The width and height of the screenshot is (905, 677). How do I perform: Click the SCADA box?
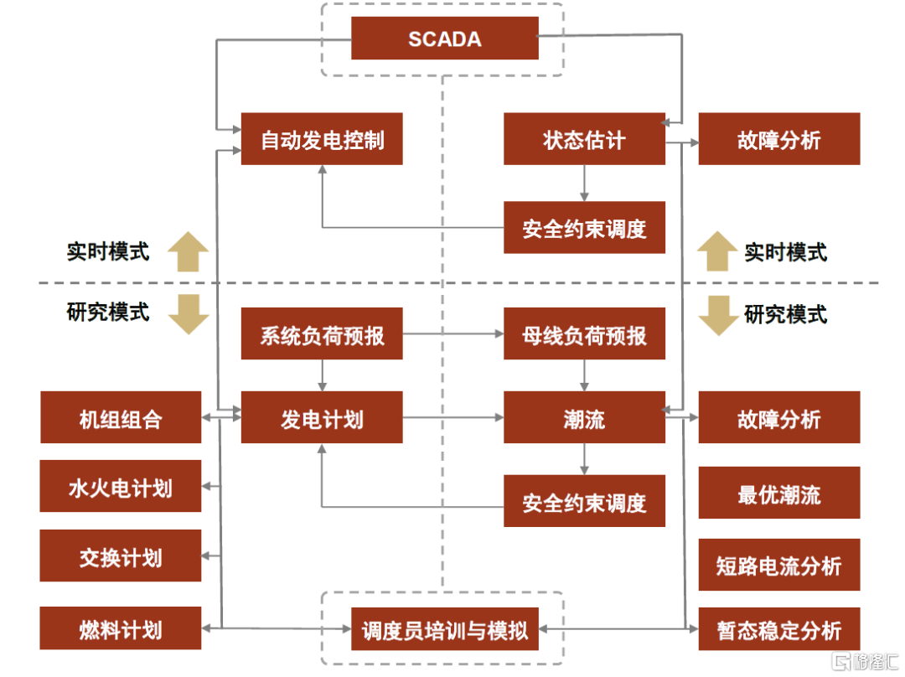point(444,39)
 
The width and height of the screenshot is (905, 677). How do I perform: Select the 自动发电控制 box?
point(322,139)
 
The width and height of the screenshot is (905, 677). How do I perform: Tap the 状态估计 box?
point(584,139)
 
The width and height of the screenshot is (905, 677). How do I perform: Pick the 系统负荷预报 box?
point(322,334)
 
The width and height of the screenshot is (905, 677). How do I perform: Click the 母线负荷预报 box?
point(584,334)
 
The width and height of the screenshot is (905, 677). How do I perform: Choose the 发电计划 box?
point(322,417)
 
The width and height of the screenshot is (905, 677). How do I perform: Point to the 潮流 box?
point(584,417)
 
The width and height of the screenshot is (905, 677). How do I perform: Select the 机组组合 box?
point(121,417)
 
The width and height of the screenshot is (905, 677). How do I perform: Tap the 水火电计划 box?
point(121,486)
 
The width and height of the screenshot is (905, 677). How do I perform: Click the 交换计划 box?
point(121,556)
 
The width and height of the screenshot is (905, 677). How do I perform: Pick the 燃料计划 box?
point(121,628)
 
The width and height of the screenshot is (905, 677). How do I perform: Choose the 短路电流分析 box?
point(779,565)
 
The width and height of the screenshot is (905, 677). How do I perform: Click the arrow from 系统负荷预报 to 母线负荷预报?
point(452,334)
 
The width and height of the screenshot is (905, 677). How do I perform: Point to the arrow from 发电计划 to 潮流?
point(452,417)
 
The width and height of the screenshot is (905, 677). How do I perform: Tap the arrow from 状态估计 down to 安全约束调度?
point(584,183)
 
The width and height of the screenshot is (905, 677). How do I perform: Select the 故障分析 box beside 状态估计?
point(779,139)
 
